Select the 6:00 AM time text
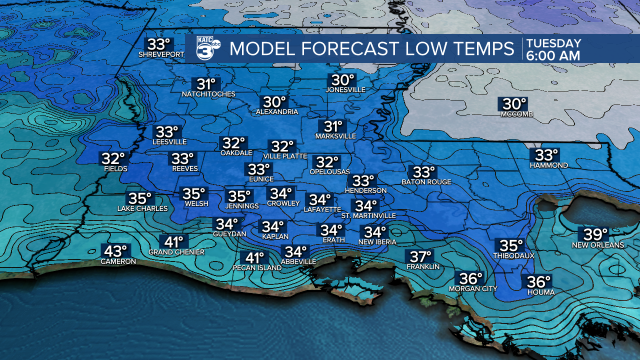tap(553, 55)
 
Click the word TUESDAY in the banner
tap(553, 43)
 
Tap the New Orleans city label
tap(598, 245)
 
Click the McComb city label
tap(517, 114)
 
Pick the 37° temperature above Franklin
tap(421, 257)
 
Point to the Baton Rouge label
tap(426, 182)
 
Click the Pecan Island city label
tap(257, 268)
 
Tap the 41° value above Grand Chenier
tap(174, 242)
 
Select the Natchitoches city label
tap(208, 94)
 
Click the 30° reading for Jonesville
tap(343, 80)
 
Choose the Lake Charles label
tap(142, 208)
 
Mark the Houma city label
tap(540, 292)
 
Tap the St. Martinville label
tap(368, 215)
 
